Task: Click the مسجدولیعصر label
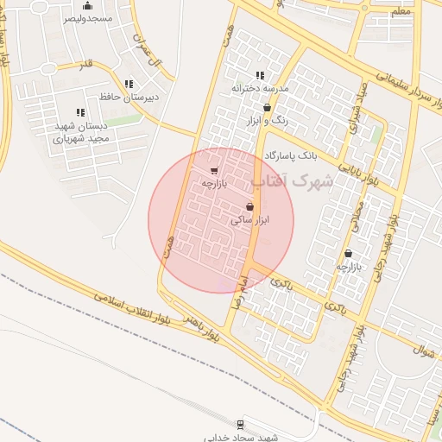pyautogui.click(x=87, y=19)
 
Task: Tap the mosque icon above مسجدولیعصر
pyautogui.click(x=87, y=6)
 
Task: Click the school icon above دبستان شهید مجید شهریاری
pyautogui.click(x=80, y=112)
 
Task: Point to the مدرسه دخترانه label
pyautogui.click(x=260, y=88)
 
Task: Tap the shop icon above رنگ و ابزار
pyautogui.click(x=267, y=108)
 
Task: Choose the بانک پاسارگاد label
pyautogui.click(x=291, y=155)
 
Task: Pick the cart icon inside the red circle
pyautogui.click(x=213, y=170)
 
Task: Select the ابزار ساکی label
pyautogui.click(x=250, y=220)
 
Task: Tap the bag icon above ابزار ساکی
pyautogui.click(x=250, y=207)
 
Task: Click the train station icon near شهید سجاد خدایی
pyautogui.click(x=240, y=424)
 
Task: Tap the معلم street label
pyautogui.click(x=400, y=11)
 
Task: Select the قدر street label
pyautogui.click(x=85, y=64)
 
